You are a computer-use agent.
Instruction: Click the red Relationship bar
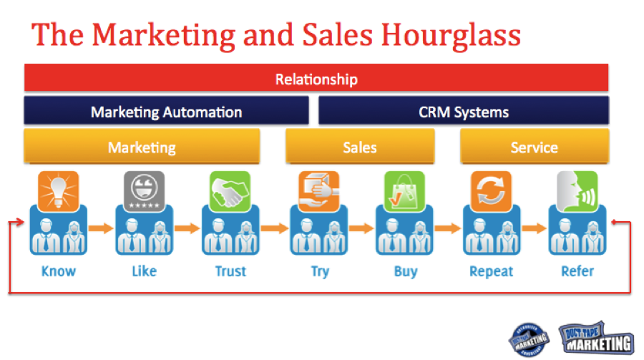point(316,78)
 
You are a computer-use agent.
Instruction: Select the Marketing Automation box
point(166,112)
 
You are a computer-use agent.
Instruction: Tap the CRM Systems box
point(464,112)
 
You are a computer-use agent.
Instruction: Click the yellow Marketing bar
point(142,147)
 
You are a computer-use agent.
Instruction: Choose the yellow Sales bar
point(360,147)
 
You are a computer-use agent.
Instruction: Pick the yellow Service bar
point(534,147)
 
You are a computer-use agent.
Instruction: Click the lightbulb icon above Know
point(58,190)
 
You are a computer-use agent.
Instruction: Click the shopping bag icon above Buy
point(404,190)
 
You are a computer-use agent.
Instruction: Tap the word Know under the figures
point(58,271)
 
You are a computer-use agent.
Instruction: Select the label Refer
point(577,271)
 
